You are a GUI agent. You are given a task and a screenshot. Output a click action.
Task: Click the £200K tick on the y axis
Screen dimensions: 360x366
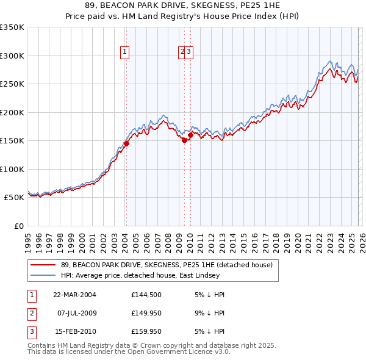coord(12,112)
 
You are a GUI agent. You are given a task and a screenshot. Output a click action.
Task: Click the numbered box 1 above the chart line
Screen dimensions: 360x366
coord(124,52)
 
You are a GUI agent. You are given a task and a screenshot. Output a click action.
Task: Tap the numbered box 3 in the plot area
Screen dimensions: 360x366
coord(190,52)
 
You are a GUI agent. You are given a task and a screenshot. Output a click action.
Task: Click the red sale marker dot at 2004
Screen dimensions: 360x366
coord(126,144)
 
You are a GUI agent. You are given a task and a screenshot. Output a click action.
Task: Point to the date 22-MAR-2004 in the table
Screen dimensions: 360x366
coord(74,295)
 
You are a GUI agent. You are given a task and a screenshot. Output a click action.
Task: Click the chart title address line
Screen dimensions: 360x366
coord(183,5)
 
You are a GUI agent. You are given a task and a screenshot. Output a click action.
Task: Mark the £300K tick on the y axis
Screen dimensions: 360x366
coord(12,56)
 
